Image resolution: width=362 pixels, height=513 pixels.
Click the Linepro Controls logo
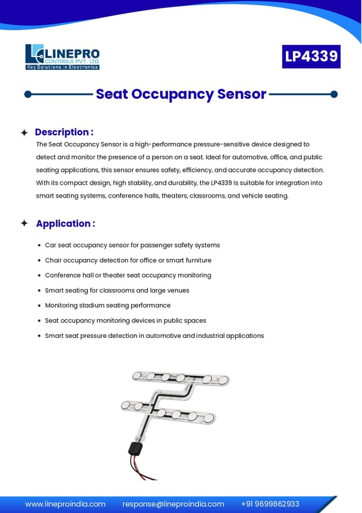pos(62,57)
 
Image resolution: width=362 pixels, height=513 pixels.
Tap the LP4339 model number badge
pos(311,56)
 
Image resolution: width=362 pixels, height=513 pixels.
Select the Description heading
pos(64,132)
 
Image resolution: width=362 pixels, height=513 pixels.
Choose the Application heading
pos(65,223)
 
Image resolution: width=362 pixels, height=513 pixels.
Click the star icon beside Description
pos(24,133)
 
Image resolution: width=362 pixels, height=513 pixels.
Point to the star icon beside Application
pos(24,223)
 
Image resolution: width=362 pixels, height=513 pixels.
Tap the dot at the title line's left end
pos(28,94)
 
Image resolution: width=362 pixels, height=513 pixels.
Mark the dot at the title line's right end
pos(334,94)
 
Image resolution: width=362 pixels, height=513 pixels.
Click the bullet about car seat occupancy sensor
pos(132,245)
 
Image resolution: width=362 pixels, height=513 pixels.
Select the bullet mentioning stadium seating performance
pos(108,305)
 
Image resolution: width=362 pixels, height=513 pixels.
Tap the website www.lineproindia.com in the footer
pos(65,504)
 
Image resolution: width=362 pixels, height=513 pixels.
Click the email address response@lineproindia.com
pos(174,504)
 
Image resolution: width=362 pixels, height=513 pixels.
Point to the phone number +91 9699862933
pos(270,504)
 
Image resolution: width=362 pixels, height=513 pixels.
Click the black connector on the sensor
pos(135,448)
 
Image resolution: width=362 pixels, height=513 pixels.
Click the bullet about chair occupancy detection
pos(128,260)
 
